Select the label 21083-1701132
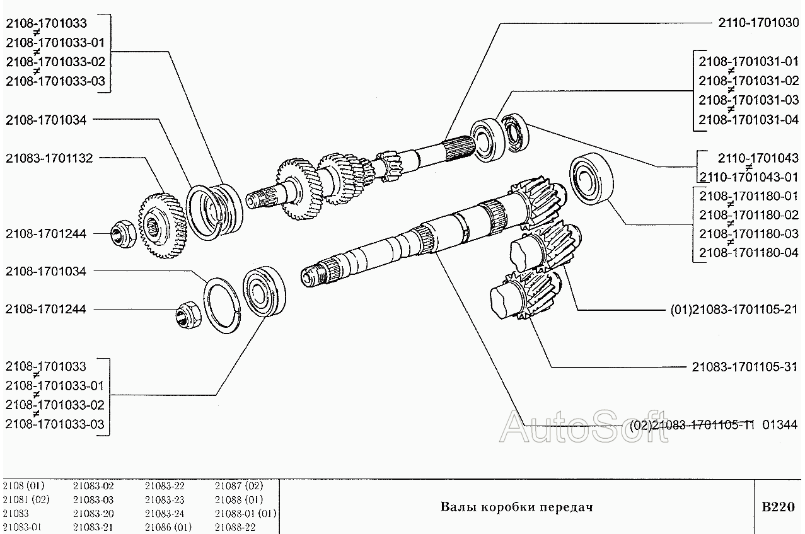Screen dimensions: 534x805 [50, 158]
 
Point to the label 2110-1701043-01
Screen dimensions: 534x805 [748, 177]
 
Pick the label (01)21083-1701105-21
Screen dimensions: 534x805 [734, 310]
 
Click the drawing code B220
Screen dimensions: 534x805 [779, 507]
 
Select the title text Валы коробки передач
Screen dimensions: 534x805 [516, 507]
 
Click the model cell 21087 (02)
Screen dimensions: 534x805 [239, 486]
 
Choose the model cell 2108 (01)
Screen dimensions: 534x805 [23, 486]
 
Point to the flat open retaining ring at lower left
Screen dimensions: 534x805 [222, 305]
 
